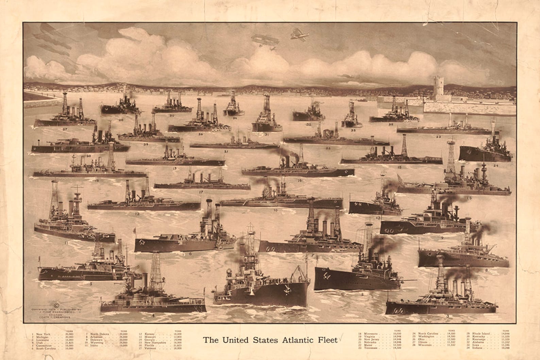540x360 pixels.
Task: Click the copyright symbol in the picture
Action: (x=56, y=304)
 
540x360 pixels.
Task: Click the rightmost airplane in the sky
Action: (x=300, y=34)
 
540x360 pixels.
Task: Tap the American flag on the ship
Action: (x=403, y=179)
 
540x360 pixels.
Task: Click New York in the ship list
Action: (x=43, y=334)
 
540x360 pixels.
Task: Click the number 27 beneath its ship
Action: (x=65, y=129)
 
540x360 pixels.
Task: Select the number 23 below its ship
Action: (x=439, y=137)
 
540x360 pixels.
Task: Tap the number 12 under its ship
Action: (x=137, y=214)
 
